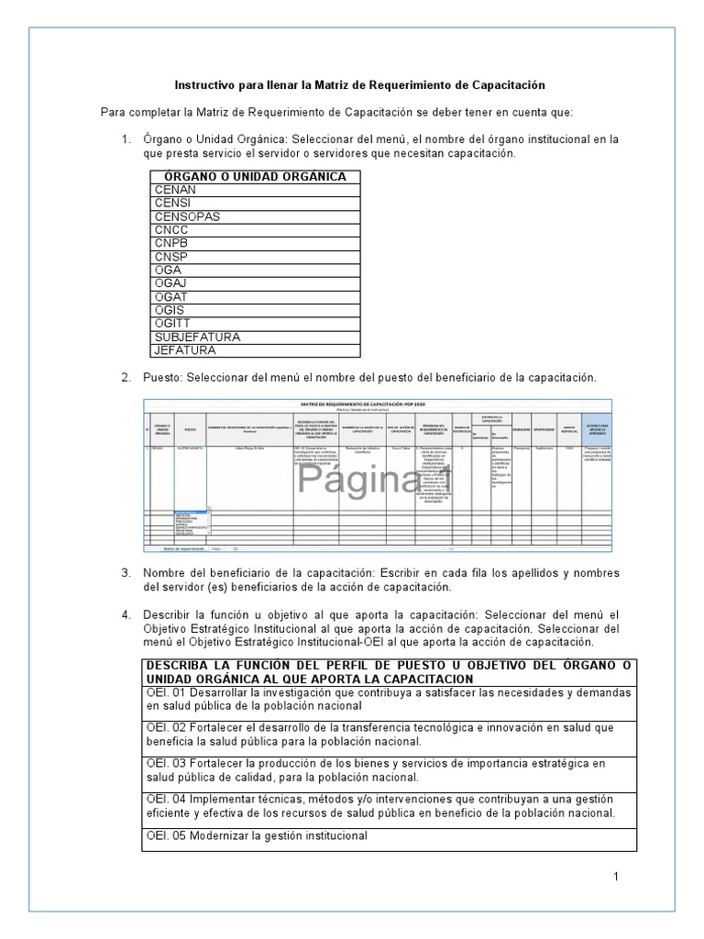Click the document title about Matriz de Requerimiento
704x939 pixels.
tap(359, 85)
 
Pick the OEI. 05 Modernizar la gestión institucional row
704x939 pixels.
tap(255, 835)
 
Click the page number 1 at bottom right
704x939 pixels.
tap(616, 877)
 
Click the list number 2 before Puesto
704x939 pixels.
tap(126, 378)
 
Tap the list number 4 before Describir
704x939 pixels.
tap(126, 614)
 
